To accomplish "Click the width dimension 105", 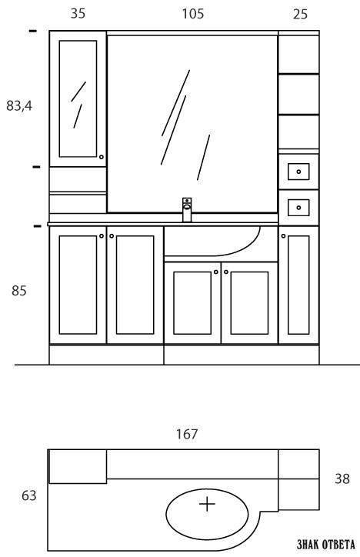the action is (193, 14).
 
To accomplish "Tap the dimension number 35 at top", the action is (78, 14).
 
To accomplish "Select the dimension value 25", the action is (300, 14).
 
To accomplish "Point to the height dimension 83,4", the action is (19, 105).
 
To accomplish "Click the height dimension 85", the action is (19, 291).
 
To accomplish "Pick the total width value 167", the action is (187, 434).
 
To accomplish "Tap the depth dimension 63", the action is (28, 495).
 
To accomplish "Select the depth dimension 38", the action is (342, 479).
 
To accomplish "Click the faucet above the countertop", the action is (187, 209).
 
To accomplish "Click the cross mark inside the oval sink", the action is (208, 504).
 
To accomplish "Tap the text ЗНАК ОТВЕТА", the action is (325, 544).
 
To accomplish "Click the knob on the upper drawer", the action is (298, 172).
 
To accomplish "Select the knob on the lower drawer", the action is (298, 208).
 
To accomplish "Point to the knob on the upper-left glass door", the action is (102, 157).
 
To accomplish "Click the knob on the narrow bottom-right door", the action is (283, 236).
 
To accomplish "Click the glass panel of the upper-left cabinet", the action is (78, 98).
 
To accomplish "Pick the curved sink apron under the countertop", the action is (213, 242).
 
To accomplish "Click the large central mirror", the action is (192, 124).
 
